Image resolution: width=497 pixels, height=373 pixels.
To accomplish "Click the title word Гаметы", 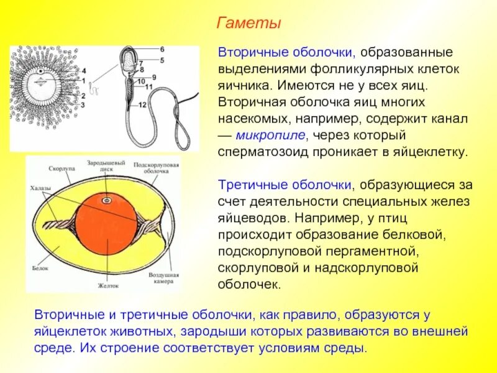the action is pos(248,23).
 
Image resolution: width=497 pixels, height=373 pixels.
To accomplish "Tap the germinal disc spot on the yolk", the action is pos(106,201).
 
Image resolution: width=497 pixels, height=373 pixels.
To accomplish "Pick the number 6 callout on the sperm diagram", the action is pos(162,48).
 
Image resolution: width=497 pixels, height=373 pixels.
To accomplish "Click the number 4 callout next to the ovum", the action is pos(84,70).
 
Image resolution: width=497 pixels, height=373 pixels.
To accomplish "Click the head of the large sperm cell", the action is pos(127,60).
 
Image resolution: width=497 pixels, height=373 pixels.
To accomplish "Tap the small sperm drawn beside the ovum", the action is pos(95,88).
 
